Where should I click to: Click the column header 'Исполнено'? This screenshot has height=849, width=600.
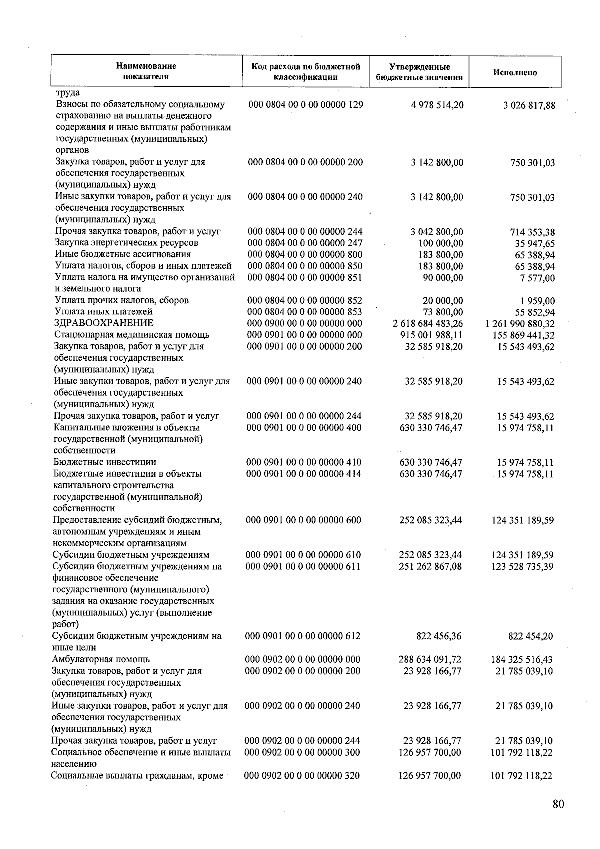515,72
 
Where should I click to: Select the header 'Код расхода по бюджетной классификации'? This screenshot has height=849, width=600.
305,72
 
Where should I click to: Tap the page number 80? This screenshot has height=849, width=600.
558,804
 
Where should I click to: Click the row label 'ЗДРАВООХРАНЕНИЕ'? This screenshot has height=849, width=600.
104,323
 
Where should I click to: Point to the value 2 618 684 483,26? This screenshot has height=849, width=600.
428,324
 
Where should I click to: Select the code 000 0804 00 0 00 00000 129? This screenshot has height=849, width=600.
305,105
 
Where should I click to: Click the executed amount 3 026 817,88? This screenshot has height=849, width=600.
529,106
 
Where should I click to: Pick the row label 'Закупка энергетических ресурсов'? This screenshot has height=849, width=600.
127,243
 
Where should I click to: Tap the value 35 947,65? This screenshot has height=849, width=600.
535,244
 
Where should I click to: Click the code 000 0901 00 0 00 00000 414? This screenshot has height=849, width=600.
303,474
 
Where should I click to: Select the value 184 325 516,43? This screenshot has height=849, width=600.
522,660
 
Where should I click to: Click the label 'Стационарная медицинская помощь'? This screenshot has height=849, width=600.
132,335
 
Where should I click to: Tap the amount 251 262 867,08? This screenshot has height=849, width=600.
430,567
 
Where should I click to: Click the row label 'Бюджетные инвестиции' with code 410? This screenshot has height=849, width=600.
105,462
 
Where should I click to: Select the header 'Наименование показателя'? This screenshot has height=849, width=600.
146,71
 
